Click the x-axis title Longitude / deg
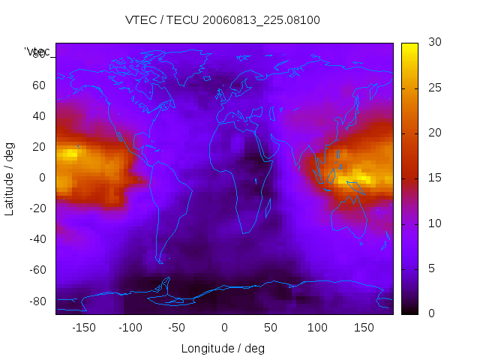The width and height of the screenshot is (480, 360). [223, 348]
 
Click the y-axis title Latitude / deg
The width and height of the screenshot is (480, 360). [10, 177]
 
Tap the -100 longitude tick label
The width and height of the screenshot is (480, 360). [130, 328]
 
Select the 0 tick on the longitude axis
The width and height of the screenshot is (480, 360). [224, 328]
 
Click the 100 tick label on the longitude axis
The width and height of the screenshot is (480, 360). [317, 328]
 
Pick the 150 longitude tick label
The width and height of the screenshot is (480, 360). [364, 328]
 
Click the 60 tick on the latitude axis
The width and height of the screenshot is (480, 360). [39, 85]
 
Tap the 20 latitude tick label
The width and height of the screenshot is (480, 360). [39, 147]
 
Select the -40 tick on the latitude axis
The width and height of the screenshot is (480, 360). [36, 239]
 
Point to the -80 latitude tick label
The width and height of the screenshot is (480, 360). [36, 301]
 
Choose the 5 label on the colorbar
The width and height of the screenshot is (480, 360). [429, 268]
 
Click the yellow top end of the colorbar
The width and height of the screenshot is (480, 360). [409, 46]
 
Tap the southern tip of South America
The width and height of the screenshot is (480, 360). [160, 261]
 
